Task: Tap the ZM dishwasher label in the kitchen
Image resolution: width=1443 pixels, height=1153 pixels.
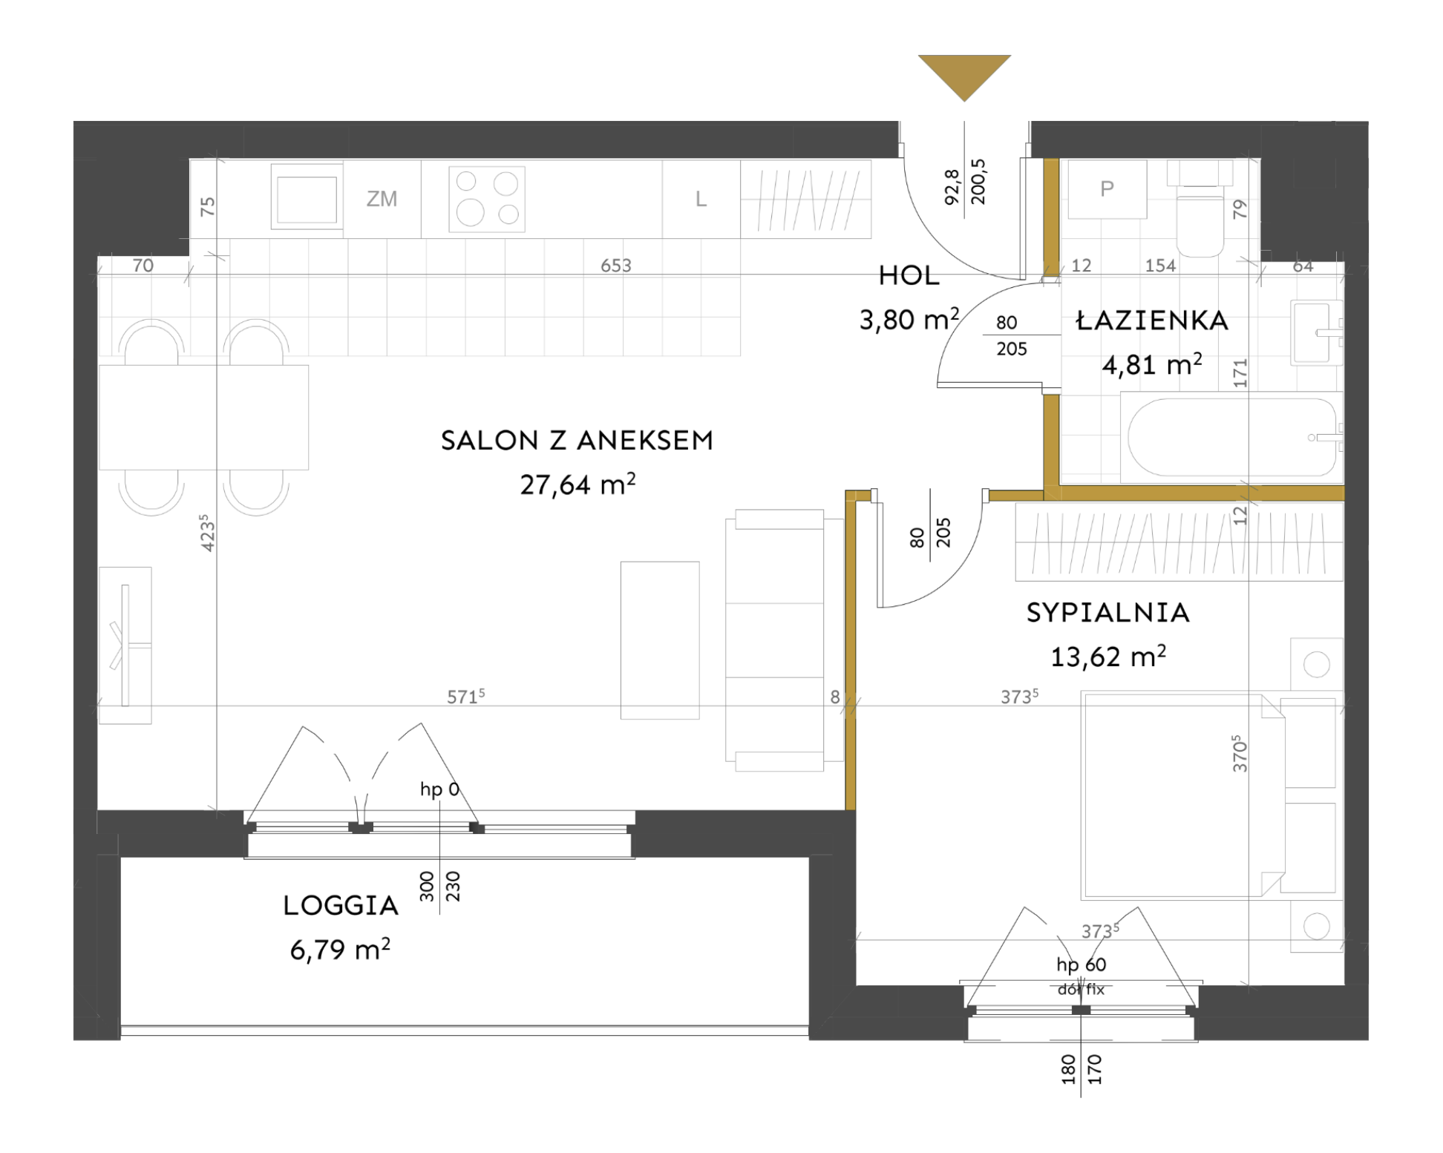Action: point(382,199)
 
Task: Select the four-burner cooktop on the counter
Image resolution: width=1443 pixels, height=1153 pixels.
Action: point(487,199)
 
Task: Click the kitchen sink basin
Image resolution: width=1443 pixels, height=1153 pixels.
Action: point(307,198)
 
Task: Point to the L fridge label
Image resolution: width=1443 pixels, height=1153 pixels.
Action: point(701,199)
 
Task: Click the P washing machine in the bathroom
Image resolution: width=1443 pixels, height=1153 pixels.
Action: point(1107,188)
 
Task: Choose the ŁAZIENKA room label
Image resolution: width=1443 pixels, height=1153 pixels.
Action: point(1152,321)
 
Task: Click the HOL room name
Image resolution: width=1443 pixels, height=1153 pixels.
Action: point(909,276)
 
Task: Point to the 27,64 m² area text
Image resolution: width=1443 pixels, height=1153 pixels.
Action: point(577,484)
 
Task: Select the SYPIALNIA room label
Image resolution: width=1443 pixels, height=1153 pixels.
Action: point(1108,613)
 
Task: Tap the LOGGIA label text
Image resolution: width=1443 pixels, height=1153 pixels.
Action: point(341,905)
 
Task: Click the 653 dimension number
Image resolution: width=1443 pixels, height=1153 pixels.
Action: point(616,266)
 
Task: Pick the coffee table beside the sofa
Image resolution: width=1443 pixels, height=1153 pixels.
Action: point(660,640)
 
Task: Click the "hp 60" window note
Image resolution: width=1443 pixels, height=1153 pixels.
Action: point(1082,965)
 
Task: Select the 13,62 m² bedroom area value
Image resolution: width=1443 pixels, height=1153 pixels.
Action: point(1108,656)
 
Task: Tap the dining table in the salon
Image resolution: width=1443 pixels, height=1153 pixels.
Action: point(204,417)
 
